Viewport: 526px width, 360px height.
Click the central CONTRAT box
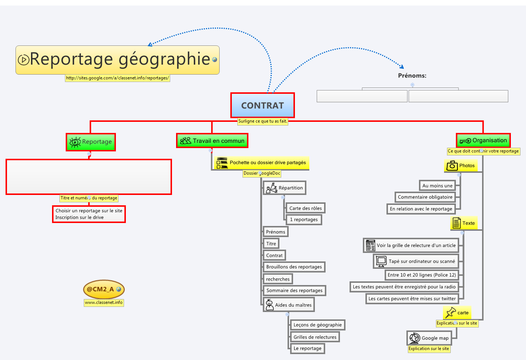(262, 106)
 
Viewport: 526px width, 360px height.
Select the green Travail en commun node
(212, 141)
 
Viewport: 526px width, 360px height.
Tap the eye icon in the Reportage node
(75, 142)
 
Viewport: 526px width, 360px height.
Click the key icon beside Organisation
(465, 141)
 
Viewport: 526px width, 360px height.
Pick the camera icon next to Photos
(452, 166)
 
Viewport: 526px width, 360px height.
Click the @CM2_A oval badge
(104, 289)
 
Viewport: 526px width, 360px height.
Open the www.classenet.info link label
(104, 302)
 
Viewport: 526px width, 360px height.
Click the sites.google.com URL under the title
(117, 78)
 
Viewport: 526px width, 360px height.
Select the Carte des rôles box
(305, 208)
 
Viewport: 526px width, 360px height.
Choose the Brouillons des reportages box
(294, 267)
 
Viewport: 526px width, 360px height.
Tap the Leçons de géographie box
(317, 325)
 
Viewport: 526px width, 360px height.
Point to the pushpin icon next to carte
(451, 313)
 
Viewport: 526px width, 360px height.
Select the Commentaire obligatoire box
(425, 197)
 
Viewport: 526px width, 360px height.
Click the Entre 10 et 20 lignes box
(422, 275)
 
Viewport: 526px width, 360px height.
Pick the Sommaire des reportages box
(294, 291)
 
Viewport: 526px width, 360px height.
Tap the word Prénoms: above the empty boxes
(412, 76)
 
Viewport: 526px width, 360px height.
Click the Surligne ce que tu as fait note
(262, 121)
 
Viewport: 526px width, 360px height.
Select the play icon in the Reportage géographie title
(24, 60)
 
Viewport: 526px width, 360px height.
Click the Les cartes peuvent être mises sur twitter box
(412, 299)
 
